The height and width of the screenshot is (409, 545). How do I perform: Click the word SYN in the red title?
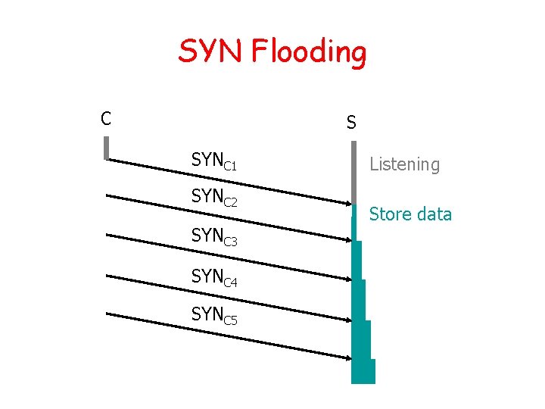tap(211, 52)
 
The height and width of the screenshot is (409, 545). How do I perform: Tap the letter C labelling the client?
tap(107, 118)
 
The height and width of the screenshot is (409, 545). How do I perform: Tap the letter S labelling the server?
tap(351, 122)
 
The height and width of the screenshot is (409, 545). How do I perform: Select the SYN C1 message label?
tap(214, 161)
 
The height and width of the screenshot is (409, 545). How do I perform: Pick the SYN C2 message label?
tap(214, 197)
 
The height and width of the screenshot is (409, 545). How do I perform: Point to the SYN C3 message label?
tap(214, 236)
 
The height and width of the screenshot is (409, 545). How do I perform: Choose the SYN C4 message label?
tap(214, 277)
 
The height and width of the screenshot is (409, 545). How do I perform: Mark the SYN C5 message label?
tap(214, 314)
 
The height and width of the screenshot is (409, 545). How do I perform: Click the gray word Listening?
tap(404, 164)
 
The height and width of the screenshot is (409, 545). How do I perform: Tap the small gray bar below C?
tap(107, 147)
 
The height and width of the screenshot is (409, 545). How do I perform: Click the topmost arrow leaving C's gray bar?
tap(227, 180)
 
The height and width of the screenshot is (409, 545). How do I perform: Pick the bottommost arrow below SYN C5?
tap(227, 336)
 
